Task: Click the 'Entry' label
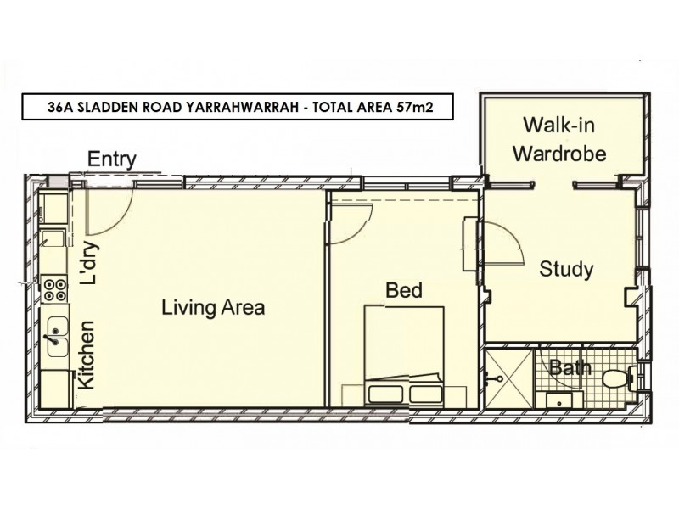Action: (112, 160)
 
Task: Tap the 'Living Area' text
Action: (213, 308)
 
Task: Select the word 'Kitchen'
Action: (87, 355)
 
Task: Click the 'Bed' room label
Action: (404, 291)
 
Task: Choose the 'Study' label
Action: (566, 270)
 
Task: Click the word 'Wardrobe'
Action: (564, 154)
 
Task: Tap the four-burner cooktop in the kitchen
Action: (55, 290)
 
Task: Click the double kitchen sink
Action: (56, 335)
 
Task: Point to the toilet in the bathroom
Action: (614, 378)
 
